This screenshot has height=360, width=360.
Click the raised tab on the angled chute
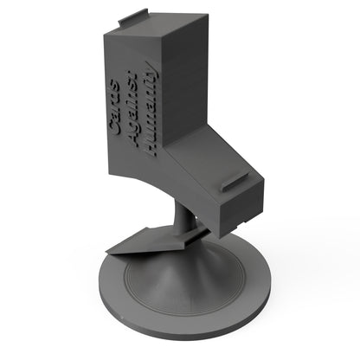click(236, 183)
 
